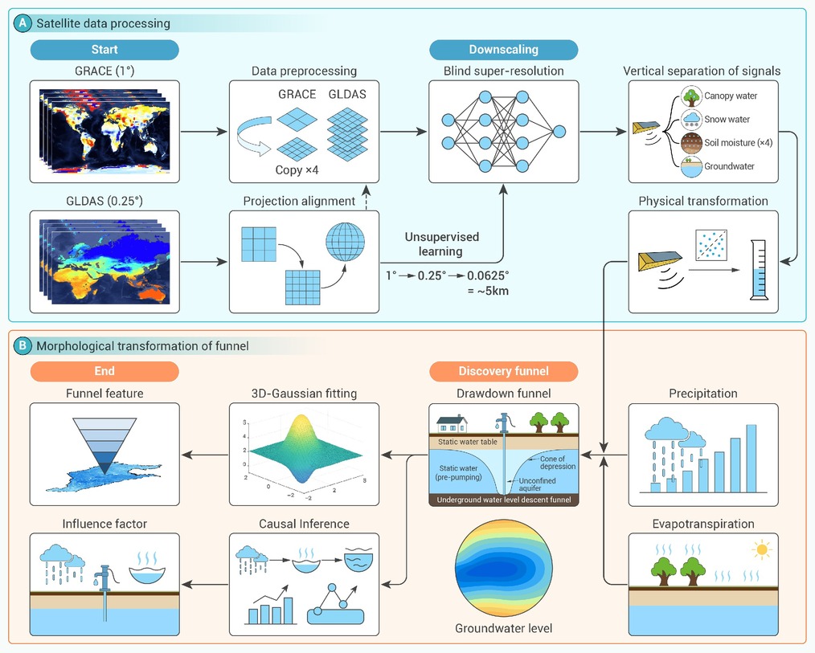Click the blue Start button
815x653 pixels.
104,50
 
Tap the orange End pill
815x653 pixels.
104,371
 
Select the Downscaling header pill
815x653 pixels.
504,50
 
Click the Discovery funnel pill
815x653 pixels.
504,371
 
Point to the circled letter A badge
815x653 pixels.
23,23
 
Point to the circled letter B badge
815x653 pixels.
23,346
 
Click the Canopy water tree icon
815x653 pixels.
691,96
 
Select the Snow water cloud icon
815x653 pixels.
691,120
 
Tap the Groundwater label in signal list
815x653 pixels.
729,166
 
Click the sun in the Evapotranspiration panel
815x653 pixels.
762,549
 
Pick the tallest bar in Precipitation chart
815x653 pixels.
751,458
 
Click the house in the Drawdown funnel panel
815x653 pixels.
452,423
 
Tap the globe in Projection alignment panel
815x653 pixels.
345,242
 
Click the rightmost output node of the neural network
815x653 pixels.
559,132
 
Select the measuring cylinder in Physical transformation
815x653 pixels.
759,270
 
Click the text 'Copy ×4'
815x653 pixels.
297,169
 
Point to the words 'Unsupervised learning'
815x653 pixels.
441,244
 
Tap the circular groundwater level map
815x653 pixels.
504,568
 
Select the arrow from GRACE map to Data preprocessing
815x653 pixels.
204,132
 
